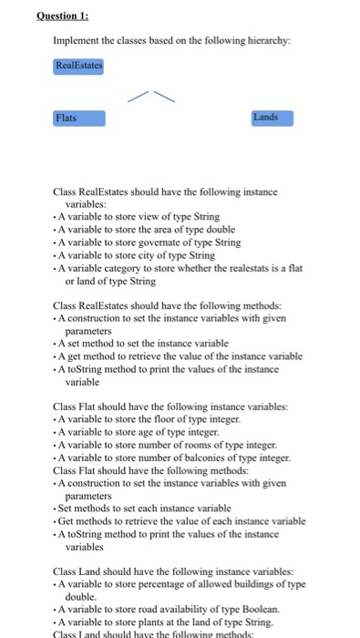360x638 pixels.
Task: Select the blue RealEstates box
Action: pyautogui.click(x=79, y=66)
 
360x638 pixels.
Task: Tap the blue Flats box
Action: pyautogui.click(x=79, y=118)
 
